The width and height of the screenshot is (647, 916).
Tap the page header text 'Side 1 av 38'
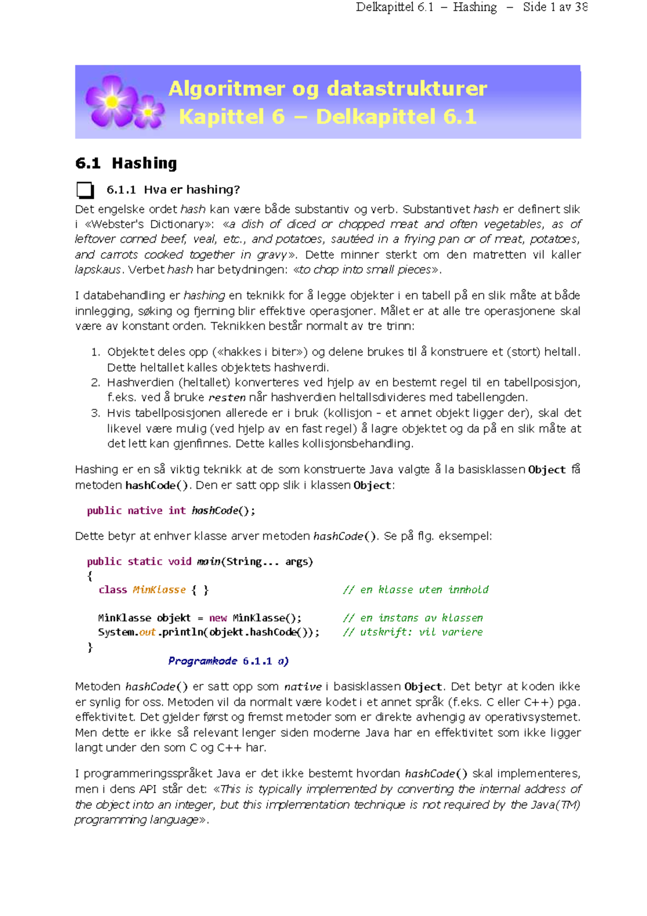[x=555, y=8]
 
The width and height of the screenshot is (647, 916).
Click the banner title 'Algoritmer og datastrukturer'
[x=327, y=88]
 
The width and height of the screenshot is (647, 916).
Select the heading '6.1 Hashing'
[x=126, y=163]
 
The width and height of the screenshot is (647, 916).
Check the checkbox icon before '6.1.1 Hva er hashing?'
[x=85, y=190]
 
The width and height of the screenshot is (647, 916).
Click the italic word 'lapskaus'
[x=98, y=270]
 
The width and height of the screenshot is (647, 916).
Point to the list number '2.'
[x=95, y=382]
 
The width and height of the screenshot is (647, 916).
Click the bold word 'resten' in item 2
[x=226, y=398]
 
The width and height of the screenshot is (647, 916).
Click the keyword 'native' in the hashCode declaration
[x=144, y=511]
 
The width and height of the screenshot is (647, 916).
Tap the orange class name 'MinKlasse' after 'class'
[x=159, y=590]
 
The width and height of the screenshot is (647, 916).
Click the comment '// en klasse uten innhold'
[x=415, y=590]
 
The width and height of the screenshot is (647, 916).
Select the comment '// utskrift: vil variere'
[x=412, y=632]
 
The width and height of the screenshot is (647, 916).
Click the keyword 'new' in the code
[x=218, y=618]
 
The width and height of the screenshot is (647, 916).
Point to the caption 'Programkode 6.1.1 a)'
[x=228, y=661]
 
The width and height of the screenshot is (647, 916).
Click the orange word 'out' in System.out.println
[x=147, y=632]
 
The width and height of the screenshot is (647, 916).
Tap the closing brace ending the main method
[x=90, y=646]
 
